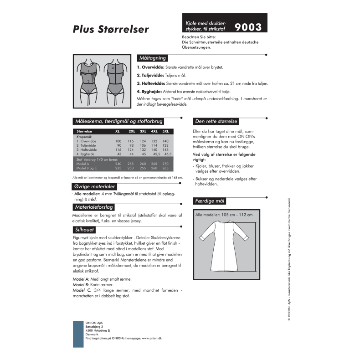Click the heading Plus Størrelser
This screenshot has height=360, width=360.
[110, 29]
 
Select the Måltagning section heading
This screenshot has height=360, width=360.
[152, 58]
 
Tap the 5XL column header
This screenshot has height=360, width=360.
[165, 131]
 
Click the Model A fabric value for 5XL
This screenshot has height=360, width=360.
[165, 164]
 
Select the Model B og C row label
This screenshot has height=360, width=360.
[88, 168]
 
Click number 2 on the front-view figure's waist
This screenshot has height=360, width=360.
[88, 82]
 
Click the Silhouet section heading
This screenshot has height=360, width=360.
[84, 229]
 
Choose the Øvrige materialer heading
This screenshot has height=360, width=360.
[94, 187]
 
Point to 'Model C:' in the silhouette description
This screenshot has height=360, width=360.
[82, 290]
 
